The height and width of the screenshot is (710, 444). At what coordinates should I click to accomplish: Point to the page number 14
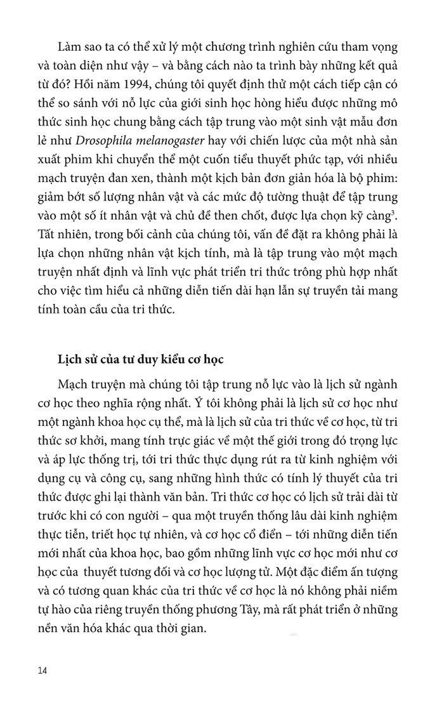click(x=43, y=670)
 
